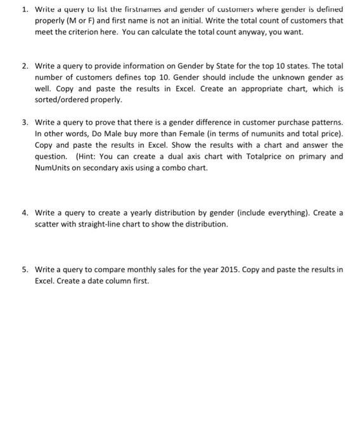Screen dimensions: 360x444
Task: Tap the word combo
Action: click(162, 167)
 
